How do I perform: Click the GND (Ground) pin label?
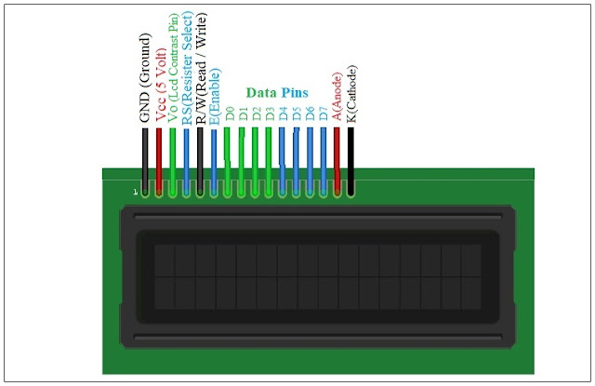coord(144,79)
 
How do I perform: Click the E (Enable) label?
coord(215,97)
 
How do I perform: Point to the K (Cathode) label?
coord(351,93)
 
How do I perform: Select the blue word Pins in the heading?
coord(295,93)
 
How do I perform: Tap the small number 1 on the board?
coord(136,193)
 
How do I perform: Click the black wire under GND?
coord(145,158)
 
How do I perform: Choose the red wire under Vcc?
coord(159,158)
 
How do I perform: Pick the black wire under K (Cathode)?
coord(351,158)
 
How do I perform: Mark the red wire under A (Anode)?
coord(337,158)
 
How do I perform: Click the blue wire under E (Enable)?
coord(215,158)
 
